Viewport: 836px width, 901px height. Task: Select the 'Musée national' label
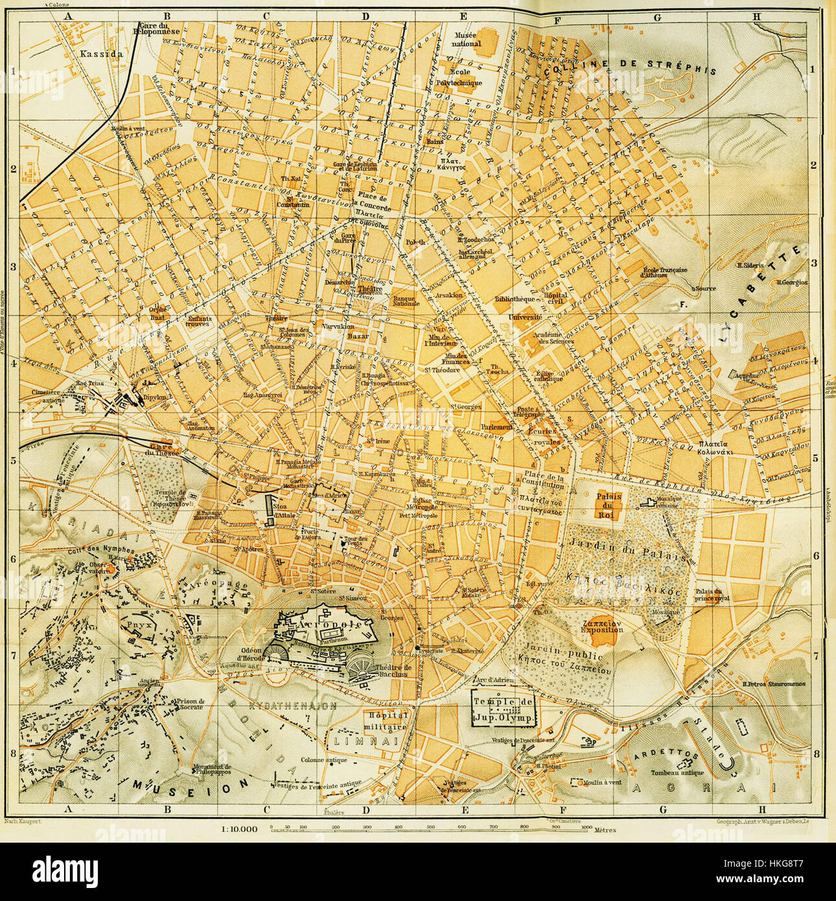coord(470,39)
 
